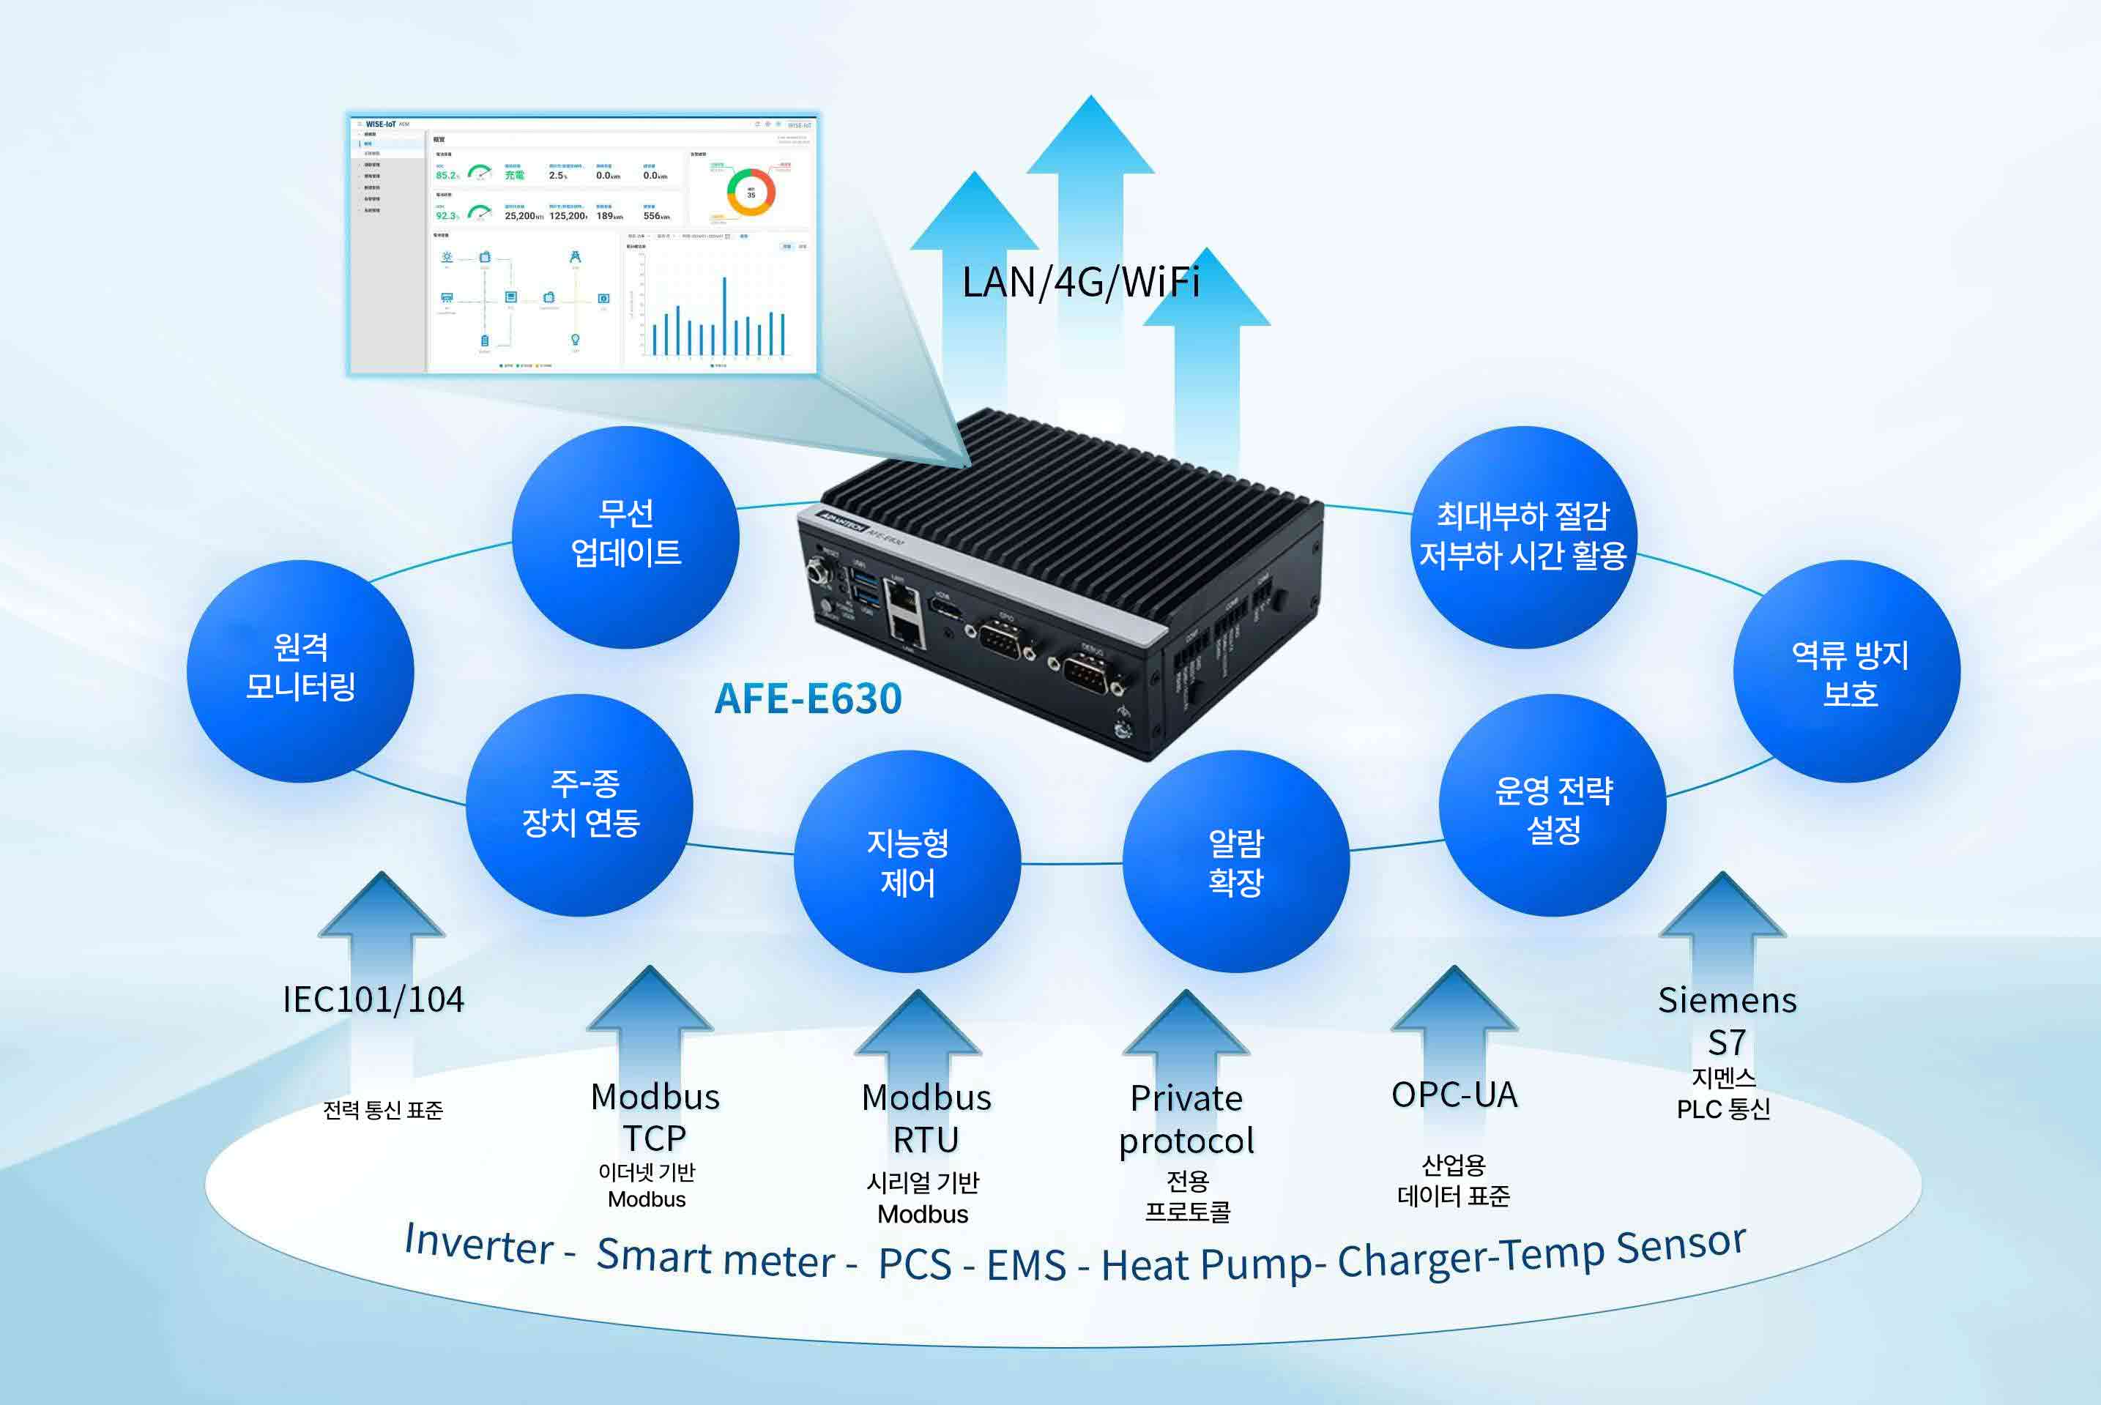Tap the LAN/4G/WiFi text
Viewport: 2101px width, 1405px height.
[1080, 283]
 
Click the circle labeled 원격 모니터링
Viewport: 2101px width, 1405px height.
[300, 670]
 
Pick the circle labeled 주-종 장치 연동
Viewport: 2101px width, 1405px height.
[580, 804]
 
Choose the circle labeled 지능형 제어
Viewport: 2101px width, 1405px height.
[907, 861]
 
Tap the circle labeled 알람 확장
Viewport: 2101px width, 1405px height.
[1235, 861]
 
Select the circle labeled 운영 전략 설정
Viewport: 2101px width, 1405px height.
[1552, 805]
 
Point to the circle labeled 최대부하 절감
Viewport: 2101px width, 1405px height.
[1523, 536]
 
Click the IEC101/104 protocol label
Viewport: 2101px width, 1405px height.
[373, 1000]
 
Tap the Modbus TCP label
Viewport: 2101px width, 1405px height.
[655, 1117]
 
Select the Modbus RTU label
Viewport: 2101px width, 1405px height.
[926, 1118]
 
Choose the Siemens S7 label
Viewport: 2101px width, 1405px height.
[1726, 1021]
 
